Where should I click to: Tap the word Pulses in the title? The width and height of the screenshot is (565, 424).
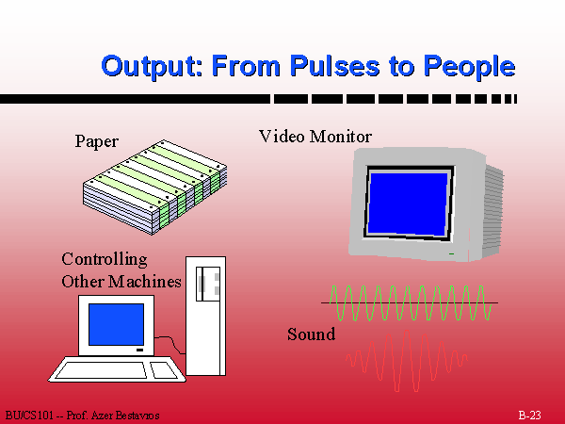click(x=334, y=66)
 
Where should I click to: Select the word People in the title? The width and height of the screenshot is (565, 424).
click(x=469, y=67)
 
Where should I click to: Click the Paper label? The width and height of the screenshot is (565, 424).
click(x=97, y=141)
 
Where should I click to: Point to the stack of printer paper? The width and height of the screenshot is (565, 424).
click(x=155, y=188)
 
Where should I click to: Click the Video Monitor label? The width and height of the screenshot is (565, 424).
click(x=315, y=137)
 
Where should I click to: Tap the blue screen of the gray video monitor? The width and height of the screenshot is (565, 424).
click(x=409, y=204)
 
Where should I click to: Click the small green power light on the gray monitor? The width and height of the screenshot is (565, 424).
click(x=451, y=253)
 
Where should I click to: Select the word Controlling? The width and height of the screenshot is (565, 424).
click(x=105, y=260)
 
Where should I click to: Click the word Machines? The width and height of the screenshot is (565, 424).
click(x=145, y=282)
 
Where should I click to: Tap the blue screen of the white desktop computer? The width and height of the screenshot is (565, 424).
click(x=116, y=324)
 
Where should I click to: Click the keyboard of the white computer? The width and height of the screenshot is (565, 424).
click(x=117, y=369)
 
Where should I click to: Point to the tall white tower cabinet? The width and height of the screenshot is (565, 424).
click(x=205, y=316)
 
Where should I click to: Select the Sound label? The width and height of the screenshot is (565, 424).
click(x=312, y=334)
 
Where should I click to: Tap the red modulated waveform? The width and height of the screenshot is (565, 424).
click(x=407, y=361)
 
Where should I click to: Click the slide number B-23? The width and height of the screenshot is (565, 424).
click(x=529, y=415)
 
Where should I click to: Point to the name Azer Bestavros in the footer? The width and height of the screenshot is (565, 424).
click(x=125, y=416)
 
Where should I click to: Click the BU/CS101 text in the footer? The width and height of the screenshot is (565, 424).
click(x=29, y=416)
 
